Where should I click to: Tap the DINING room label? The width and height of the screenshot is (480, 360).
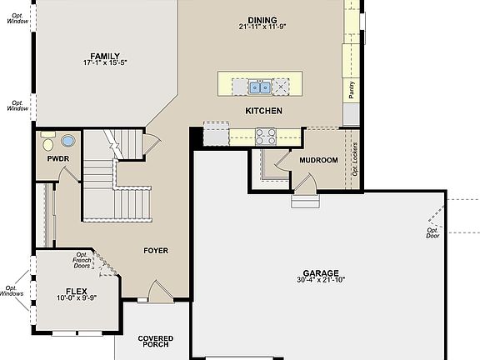(x=262, y=20)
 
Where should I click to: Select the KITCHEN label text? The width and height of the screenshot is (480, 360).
(x=263, y=111)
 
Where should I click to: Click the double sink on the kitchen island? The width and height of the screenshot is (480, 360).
(x=258, y=86)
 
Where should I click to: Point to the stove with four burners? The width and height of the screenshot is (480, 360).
(x=266, y=135)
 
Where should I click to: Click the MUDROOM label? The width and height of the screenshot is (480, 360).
(x=319, y=160)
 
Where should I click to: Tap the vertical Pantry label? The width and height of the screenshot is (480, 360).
(x=352, y=90)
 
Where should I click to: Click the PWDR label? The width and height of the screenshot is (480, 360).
(x=57, y=157)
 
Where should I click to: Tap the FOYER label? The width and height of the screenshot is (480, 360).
(x=156, y=250)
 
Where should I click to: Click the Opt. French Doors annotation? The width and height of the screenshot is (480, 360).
(x=82, y=260)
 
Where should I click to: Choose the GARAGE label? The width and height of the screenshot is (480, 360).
(x=321, y=273)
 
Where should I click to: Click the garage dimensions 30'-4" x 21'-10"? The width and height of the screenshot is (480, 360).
(x=321, y=282)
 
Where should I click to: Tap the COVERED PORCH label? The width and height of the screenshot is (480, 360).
(x=155, y=342)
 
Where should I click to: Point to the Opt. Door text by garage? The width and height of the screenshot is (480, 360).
(x=432, y=232)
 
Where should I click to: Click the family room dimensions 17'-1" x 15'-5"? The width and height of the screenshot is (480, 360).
(x=105, y=62)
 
